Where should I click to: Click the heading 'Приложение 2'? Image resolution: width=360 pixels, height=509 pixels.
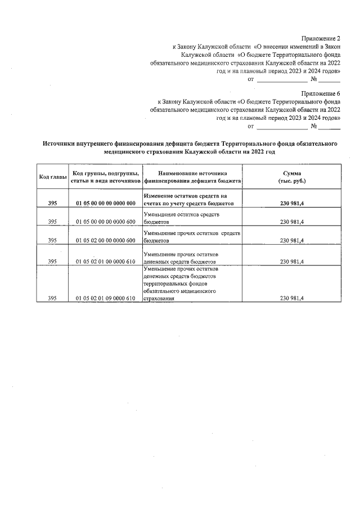(x=321, y=37)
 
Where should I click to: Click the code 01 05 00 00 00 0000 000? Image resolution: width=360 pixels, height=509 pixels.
(x=105, y=203)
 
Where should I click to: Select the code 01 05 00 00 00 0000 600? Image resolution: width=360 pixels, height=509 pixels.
(x=105, y=222)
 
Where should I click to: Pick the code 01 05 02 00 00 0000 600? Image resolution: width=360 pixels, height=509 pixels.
(x=105, y=241)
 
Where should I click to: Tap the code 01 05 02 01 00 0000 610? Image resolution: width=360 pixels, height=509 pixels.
(x=105, y=262)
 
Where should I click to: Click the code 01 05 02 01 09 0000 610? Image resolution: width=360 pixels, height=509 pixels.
(x=105, y=299)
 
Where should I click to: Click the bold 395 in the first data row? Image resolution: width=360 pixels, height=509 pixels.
(x=52, y=203)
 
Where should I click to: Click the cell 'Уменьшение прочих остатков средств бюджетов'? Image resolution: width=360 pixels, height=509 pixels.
(x=191, y=237)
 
